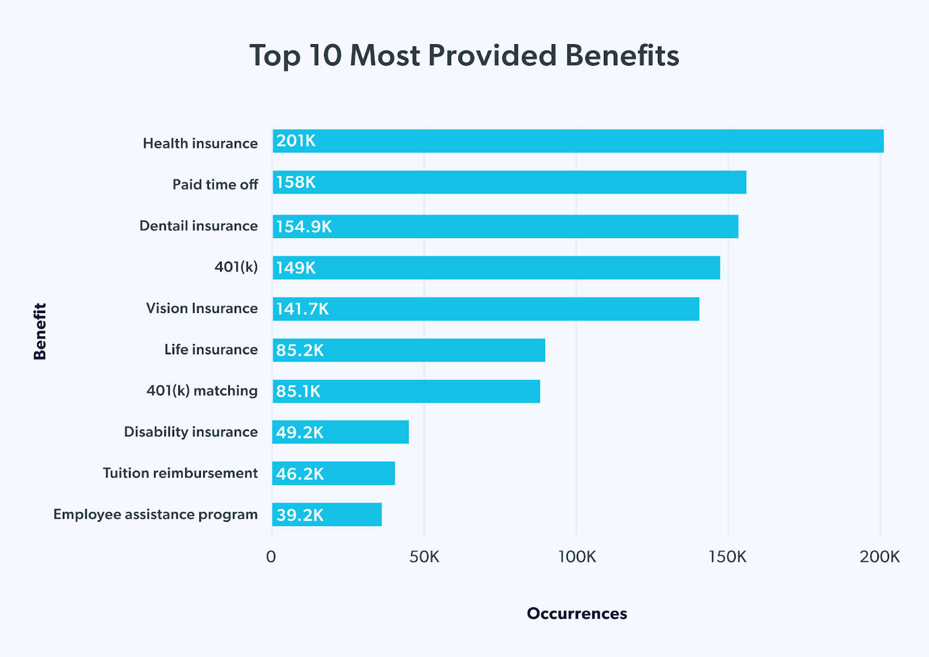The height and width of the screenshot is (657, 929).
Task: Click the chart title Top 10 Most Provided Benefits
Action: (464, 56)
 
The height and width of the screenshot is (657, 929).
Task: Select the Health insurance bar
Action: (578, 141)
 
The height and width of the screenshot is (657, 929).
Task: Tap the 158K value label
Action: (296, 182)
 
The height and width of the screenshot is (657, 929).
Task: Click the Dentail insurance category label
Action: (199, 226)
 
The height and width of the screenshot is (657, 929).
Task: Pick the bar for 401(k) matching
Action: (406, 391)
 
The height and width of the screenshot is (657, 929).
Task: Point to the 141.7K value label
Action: (303, 309)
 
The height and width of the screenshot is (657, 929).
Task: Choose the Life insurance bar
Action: (409, 350)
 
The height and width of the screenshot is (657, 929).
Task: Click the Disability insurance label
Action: (190, 432)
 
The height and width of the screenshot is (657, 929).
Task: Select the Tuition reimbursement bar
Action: (333, 473)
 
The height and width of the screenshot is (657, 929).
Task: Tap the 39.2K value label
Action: (300, 515)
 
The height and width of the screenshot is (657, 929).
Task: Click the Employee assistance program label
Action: (156, 515)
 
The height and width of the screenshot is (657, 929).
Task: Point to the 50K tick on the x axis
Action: (424, 557)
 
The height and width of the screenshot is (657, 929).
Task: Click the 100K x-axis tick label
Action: (577, 557)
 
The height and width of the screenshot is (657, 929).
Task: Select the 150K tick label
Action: (728, 557)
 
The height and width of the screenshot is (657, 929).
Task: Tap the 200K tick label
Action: (880, 557)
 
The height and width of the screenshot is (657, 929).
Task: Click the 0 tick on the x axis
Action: (271, 557)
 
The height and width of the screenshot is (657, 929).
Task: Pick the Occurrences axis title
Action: (577, 613)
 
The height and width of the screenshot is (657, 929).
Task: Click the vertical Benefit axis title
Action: (40, 332)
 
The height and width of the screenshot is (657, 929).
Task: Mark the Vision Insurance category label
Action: (201, 308)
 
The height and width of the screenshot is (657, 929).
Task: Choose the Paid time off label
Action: (215, 185)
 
